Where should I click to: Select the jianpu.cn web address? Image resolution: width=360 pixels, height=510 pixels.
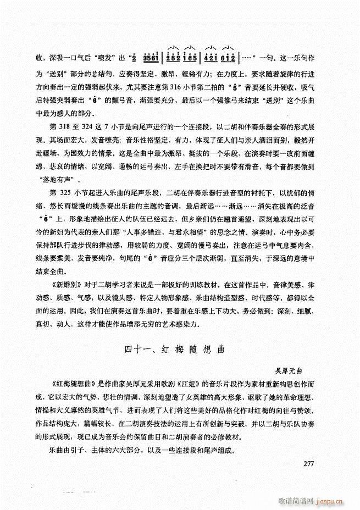[x=335, y=501]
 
